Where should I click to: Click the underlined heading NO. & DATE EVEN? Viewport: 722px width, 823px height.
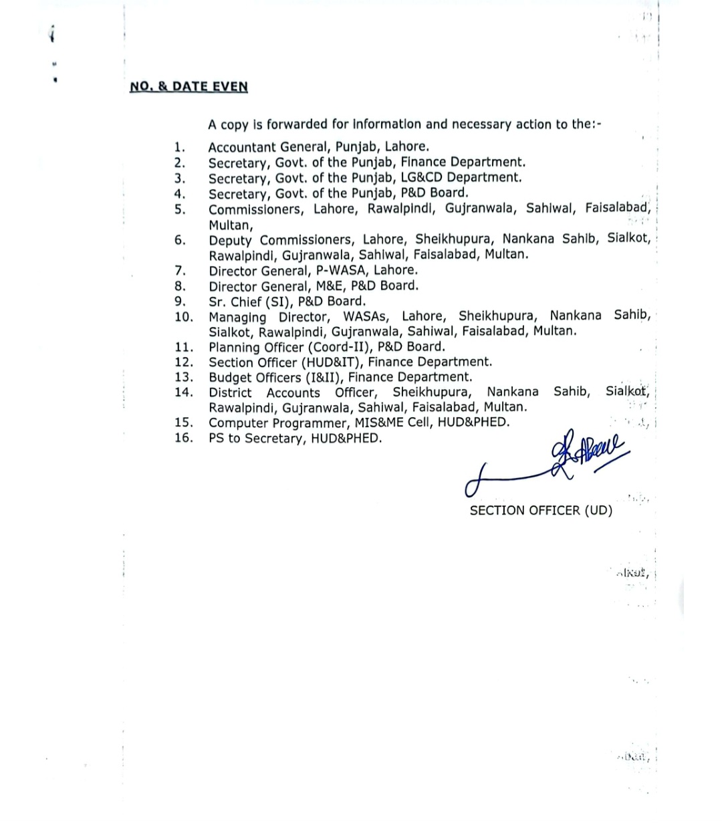click(x=189, y=86)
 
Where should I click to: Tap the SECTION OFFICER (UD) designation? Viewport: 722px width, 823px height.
click(x=541, y=510)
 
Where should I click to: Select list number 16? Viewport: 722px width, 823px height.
click(x=184, y=438)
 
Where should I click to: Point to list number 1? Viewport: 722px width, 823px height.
click(x=179, y=146)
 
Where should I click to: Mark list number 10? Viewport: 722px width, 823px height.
click(x=184, y=316)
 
